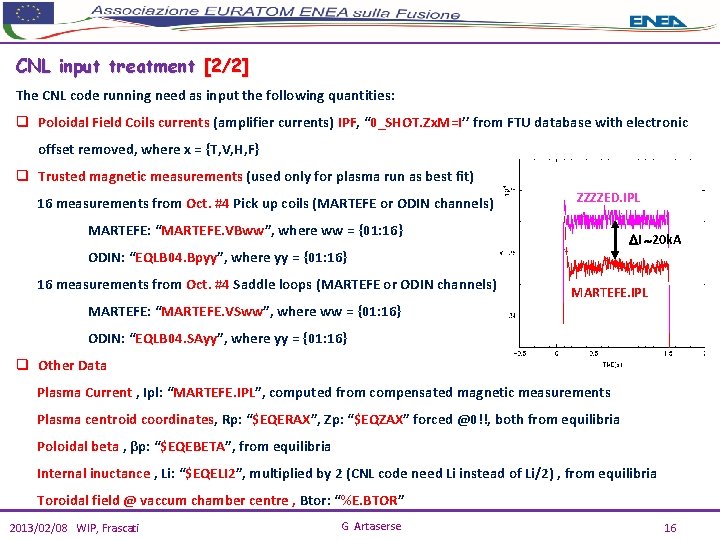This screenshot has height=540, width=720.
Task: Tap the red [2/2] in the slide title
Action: click(x=226, y=67)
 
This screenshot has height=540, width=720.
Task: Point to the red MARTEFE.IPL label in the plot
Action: click(x=609, y=292)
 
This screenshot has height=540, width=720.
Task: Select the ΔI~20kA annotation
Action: click(x=655, y=240)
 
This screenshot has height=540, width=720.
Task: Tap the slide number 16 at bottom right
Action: click(x=670, y=527)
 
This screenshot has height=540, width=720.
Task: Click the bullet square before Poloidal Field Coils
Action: click(x=22, y=123)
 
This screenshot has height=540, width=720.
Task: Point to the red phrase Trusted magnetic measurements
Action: click(x=140, y=177)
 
